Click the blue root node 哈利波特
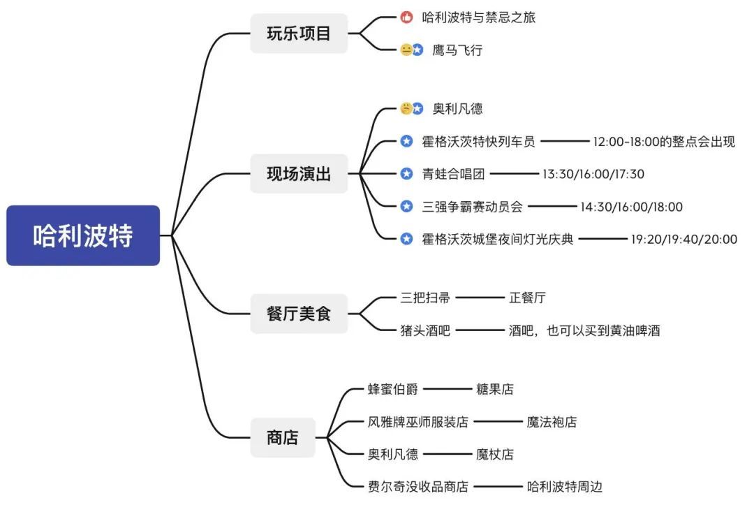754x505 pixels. click(82, 235)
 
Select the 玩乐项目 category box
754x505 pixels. click(299, 34)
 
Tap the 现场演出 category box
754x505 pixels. click(299, 174)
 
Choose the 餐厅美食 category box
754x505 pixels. click(299, 314)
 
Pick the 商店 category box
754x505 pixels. click(283, 438)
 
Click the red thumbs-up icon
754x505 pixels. click(406, 17)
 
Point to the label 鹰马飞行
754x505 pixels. click(457, 50)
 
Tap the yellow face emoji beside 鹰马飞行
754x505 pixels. click(406, 50)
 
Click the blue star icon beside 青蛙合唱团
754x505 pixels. click(406, 174)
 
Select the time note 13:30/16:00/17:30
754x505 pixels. click(593, 174)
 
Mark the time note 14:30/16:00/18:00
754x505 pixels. click(631, 207)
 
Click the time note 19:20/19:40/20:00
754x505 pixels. click(683, 239)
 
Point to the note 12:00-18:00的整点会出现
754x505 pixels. click(664, 141)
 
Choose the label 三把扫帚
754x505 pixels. click(425, 298)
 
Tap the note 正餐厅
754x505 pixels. click(527, 298)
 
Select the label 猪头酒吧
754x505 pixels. click(425, 330)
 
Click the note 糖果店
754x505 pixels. click(494, 388)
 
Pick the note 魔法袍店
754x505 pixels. click(552, 422)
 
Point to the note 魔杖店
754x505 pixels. click(494, 454)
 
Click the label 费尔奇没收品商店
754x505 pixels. click(418, 487)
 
